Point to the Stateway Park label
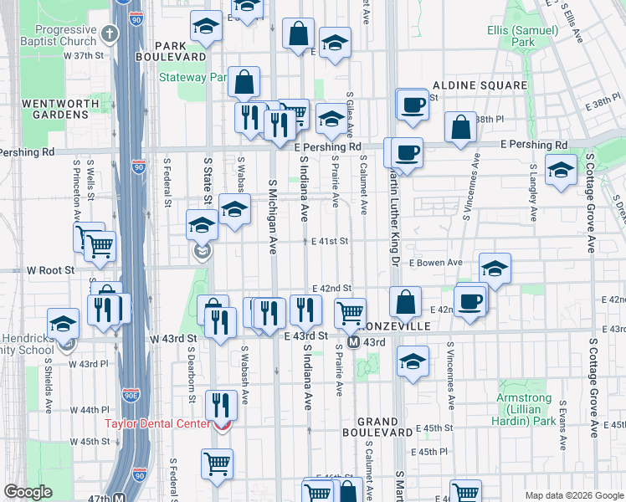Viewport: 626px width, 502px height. coord(193,78)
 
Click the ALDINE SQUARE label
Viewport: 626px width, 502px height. coord(479,85)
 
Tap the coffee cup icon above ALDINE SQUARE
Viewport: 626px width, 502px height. coord(412,104)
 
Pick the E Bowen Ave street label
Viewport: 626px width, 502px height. coord(435,263)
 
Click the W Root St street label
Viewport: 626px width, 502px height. coord(50,270)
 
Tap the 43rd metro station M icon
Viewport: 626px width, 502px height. coord(353,342)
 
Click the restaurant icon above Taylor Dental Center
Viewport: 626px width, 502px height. coord(220,406)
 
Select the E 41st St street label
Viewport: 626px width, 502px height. coord(329,241)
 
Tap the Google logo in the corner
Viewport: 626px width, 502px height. coord(28,492)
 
